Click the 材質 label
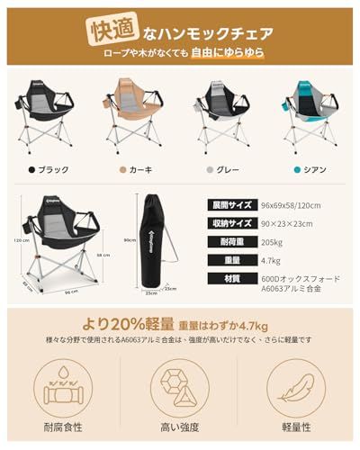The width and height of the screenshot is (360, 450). (229, 280)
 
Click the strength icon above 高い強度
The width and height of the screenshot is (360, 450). (179, 386)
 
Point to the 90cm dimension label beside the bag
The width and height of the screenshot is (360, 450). (129, 239)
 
